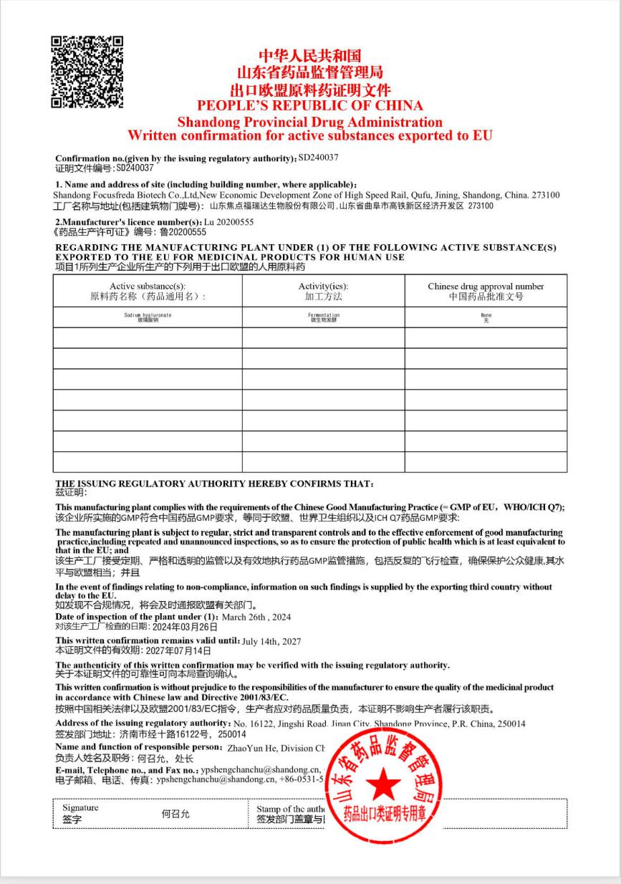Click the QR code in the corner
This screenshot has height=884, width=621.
pos(87,72)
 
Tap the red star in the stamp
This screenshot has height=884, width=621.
pos(385,784)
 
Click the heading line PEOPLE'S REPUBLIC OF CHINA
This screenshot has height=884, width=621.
pos(310,106)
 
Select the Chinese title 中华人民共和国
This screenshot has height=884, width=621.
pos(310,56)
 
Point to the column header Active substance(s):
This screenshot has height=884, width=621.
pos(148,287)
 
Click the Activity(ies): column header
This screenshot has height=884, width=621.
pos(323,287)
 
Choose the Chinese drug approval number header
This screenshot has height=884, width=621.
pos(486,287)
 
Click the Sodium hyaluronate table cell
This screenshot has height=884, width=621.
pos(148,317)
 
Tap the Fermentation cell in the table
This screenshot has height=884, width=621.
pos(323,317)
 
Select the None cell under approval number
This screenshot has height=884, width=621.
pos(486,317)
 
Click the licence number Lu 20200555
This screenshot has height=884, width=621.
pos(229,222)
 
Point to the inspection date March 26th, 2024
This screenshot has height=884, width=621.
pos(256,617)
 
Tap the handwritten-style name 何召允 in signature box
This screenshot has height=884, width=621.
pos(176,814)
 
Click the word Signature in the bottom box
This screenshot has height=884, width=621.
pos(80,808)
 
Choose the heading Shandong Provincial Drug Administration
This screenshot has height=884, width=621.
pos(310,122)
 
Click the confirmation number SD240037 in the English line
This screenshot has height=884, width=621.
pos(318,157)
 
